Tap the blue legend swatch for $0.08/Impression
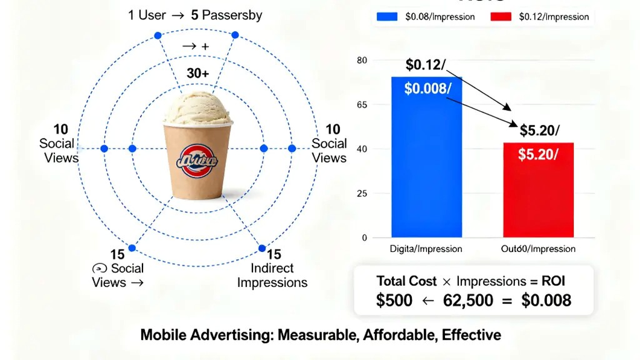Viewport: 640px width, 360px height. (387, 17)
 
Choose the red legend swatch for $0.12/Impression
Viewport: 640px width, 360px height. (501, 17)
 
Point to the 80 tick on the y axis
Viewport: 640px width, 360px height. (362, 60)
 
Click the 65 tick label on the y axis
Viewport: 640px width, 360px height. (362, 104)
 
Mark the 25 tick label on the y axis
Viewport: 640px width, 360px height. (362, 193)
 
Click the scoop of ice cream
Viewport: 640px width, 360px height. (198, 111)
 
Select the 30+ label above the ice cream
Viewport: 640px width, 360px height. (198, 74)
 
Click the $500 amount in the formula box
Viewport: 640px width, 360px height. (394, 301)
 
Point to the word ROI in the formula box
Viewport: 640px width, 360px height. (553, 281)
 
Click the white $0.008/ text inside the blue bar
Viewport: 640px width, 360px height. (427, 89)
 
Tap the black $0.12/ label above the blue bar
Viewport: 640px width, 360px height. (425, 65)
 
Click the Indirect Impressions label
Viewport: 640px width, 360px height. (272, 275)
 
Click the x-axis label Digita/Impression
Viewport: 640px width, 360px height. (426, 249)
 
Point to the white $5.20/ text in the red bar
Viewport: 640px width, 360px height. (538, 154)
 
